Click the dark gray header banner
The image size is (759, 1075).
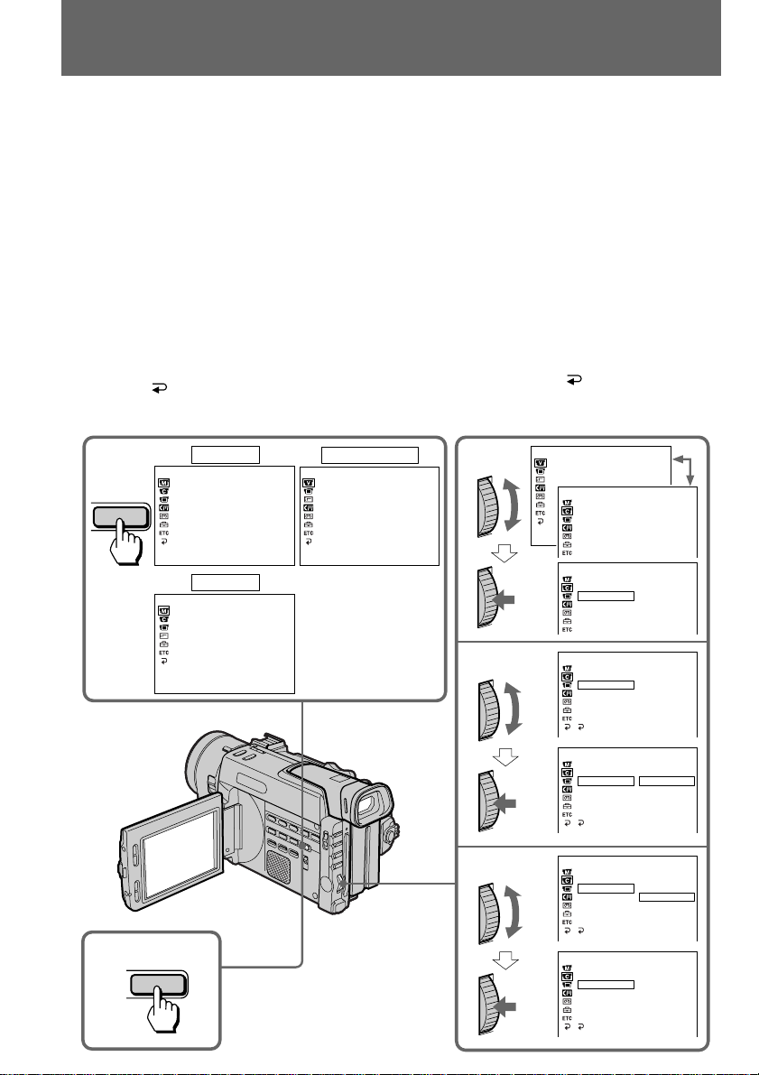(391, 38)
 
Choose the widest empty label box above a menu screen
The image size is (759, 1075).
(370, 454)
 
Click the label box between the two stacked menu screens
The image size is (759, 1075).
(225, 580)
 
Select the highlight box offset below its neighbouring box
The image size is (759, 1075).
(667, 897)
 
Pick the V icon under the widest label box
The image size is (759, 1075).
(308, 481)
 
